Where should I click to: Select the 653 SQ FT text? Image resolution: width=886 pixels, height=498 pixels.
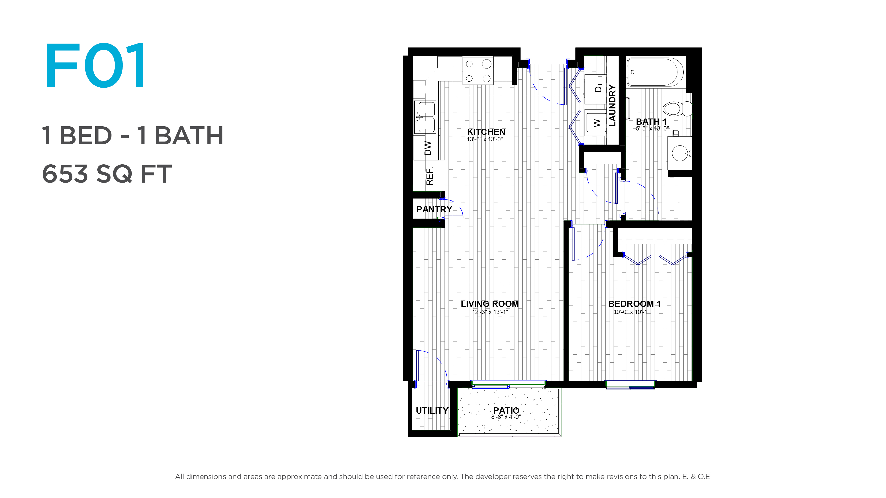107,174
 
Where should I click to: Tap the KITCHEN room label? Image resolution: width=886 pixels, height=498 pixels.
486,132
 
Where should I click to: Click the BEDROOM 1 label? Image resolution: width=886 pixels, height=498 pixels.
634,304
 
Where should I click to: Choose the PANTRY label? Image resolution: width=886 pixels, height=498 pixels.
434,209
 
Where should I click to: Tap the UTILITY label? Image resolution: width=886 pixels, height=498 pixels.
432,410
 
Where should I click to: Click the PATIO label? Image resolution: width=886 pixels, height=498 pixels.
506,410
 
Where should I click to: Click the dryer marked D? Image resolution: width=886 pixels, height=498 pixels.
595,89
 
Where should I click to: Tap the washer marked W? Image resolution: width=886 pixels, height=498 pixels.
595,123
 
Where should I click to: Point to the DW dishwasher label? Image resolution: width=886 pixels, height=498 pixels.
428,148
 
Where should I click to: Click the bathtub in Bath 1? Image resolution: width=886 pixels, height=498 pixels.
655,72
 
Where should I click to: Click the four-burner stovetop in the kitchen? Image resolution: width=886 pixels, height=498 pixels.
478,71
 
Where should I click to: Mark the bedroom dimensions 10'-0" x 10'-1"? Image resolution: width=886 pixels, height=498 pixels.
632,312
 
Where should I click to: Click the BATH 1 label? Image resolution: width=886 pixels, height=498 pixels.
651,122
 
